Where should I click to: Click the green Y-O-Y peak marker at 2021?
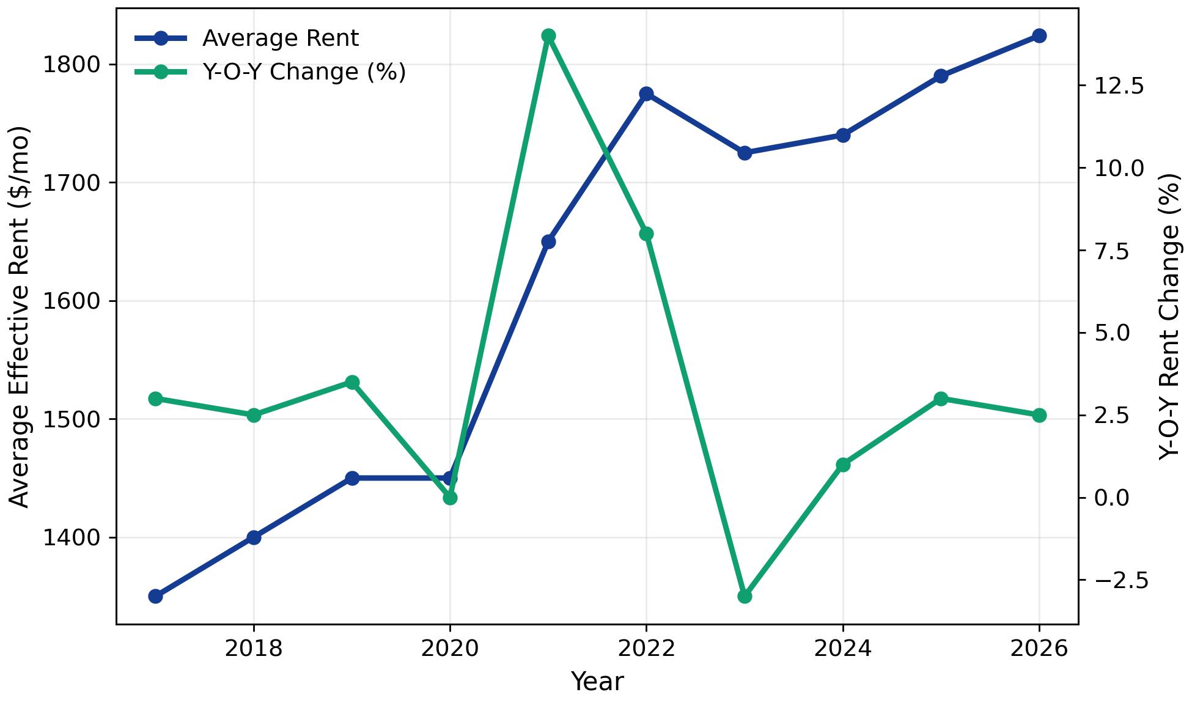[x=548, y=35]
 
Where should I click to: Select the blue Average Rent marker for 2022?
[x=646, y=94]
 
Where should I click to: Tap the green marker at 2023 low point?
[x=745, y=596]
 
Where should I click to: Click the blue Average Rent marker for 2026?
[x=1039, y=35]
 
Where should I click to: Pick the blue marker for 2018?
[x=254, y=537]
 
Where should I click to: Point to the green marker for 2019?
[x=352, y=383]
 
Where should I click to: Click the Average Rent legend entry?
[x=280, y=39]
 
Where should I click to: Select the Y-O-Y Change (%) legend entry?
[x=304, y=72]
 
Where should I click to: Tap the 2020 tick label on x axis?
[x=450, y=649]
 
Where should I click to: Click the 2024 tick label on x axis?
[x=842, y=649]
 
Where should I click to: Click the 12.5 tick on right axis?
[x=1118, y=86]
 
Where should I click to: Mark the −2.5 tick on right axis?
[x=1118, y=580]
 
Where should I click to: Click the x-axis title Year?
[x=597, y=682]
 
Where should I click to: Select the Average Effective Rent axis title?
[x=20, y=316]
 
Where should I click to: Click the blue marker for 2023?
[x=745, y=153]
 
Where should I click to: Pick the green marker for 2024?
[x=843, y=465]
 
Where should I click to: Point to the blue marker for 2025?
[x=941, y=76]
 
